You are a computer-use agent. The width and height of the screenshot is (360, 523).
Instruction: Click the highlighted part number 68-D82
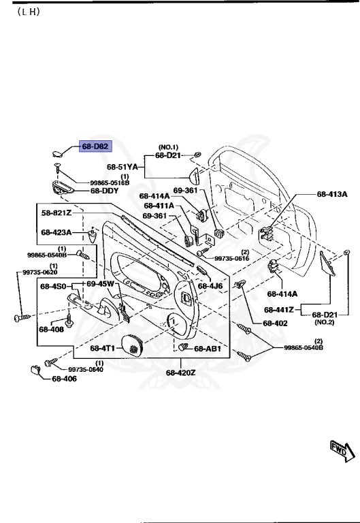click(95, 146)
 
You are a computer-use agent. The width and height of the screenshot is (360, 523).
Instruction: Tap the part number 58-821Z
click(56, 212)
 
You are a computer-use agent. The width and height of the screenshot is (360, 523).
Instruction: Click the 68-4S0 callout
click(52, 286)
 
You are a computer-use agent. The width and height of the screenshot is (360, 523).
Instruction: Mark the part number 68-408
click(51, 330)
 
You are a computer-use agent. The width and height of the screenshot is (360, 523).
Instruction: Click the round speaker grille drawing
click(133, 346)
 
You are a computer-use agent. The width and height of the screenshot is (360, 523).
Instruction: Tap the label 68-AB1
click(208, 349)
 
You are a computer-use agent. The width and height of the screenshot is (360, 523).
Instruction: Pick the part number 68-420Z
click(180, 373)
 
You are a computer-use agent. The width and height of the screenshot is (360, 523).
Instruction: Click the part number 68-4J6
click(210, 286)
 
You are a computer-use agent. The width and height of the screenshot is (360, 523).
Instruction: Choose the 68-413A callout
click(332, 194)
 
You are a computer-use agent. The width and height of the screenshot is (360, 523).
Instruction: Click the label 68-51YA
click(122, 166)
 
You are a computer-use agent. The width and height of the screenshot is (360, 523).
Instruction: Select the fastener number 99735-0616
click(232, 259)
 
